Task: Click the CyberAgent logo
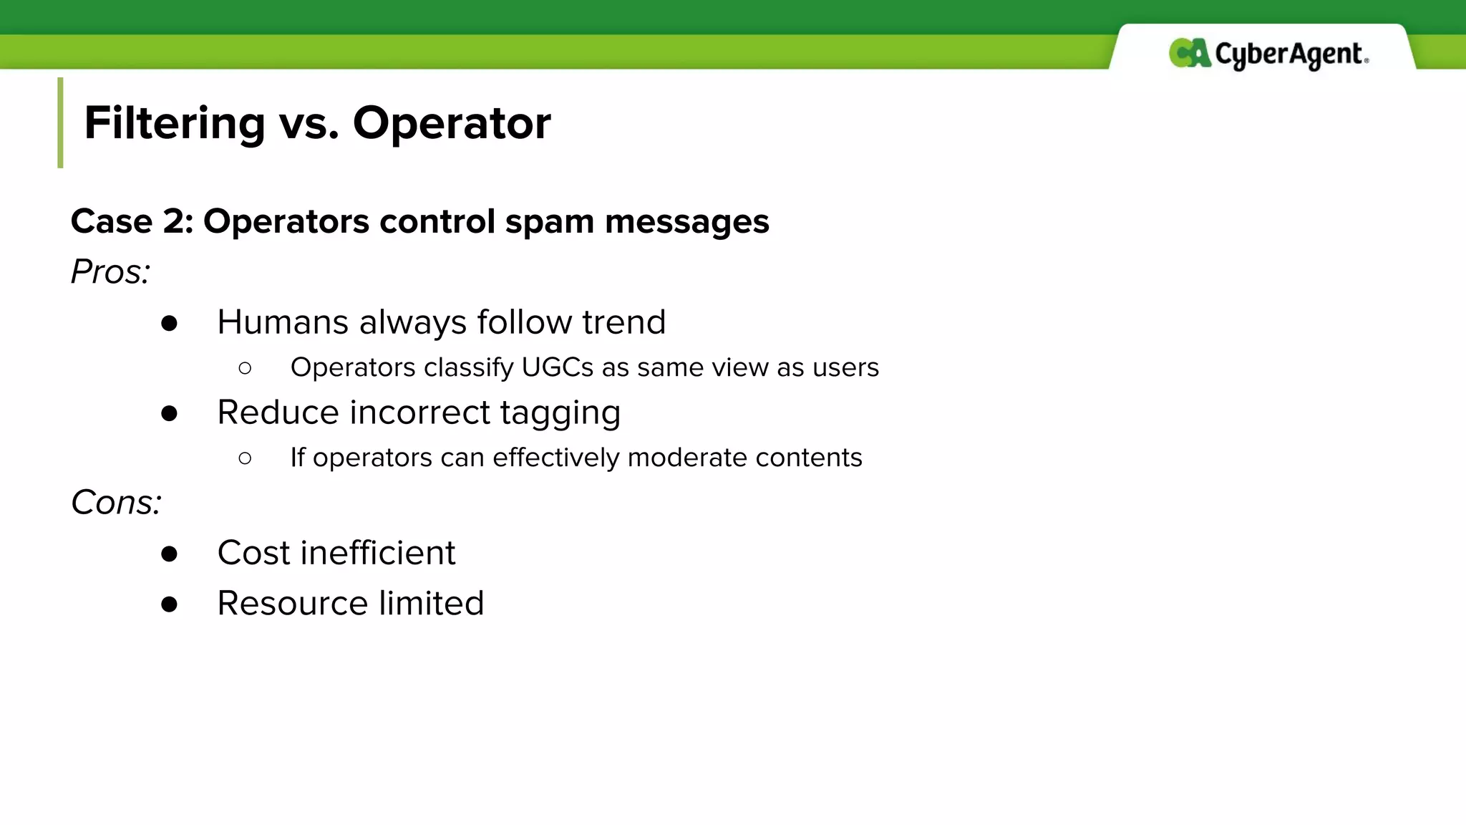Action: click(1268, 54)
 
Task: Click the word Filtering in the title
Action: click(175, 123)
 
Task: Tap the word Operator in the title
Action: click(452, 123)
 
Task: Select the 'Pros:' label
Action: click(110, 272)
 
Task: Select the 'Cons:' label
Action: click(116, 503)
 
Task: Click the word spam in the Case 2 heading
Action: click(549, 222)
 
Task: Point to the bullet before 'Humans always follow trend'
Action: click(169, 324)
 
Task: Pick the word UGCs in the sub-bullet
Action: click(558, 367)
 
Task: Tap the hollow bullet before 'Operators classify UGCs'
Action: click(245, 368)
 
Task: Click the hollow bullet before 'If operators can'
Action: click(245, 458)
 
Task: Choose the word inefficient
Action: click(377, 553)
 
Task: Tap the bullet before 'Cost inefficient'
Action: click(169, 554)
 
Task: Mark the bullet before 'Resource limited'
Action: click(169, 604)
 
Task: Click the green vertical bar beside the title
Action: click(60, 122)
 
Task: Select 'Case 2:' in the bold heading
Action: click(132, 222)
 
